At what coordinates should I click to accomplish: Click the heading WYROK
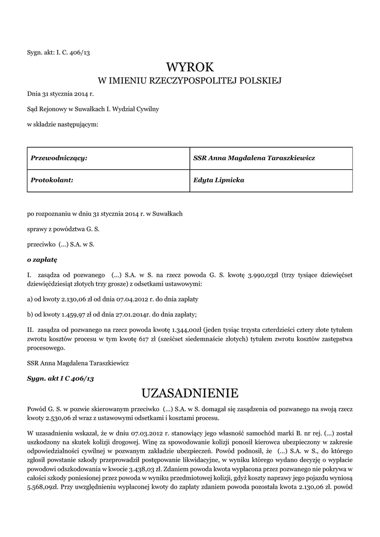190,67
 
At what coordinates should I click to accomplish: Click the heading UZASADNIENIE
190,393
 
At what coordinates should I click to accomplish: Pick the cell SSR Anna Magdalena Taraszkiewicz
254,158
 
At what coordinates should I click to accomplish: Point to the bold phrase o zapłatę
42,259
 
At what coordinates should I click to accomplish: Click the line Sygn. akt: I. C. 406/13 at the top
62,52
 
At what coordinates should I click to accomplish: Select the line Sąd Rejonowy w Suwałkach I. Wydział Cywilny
93,110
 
